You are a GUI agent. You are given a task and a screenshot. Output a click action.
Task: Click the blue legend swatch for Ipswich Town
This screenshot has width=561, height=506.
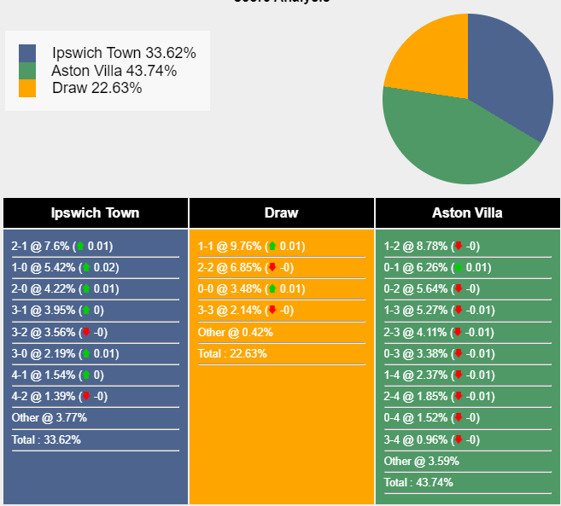click(x=27, y=53)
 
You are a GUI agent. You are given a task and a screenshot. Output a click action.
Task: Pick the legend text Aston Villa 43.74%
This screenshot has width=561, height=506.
click(x=114, y=71)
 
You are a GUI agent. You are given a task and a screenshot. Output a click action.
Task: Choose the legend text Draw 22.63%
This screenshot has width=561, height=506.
click(x=96, y=88)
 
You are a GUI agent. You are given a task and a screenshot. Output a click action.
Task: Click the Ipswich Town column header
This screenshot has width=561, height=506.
click(x=95, y=213)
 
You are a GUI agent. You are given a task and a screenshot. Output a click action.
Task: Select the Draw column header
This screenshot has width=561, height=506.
click(x=281, y=213)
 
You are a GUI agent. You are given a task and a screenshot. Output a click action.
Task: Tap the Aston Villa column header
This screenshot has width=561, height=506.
click(x=467, y=213)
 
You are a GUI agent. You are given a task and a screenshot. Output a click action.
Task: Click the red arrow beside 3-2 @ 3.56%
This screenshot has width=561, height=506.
click(x=85, y=332)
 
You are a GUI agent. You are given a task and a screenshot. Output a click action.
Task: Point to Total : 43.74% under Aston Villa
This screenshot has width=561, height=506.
click(x=418, y=482)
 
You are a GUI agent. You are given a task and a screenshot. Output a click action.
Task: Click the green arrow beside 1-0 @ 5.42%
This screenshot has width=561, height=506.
click(x=85, y=268)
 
